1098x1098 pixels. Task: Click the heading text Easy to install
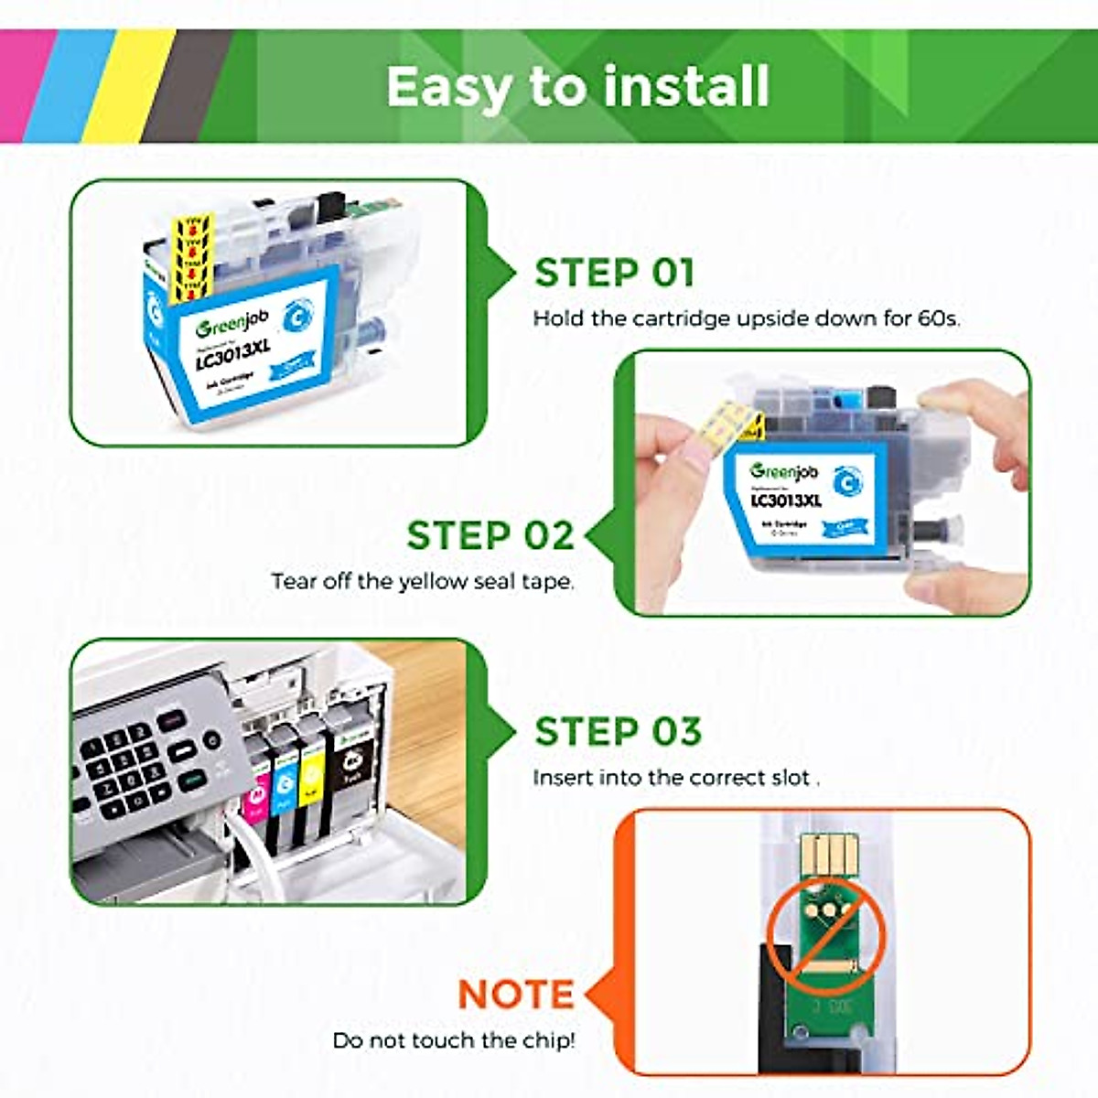[577, 87]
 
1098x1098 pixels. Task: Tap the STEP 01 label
[614, 273]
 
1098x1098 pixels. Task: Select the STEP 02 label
[490, 536]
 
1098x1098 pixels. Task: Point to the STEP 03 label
[618, 732]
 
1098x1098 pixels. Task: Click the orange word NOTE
[515, 995]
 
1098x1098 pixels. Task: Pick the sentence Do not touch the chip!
[454, 1040]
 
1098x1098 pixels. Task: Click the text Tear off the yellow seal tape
[423, 582]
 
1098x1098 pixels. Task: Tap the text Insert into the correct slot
[675, 779]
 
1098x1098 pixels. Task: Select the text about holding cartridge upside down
[746, 319]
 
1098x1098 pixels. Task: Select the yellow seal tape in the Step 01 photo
[193, 256]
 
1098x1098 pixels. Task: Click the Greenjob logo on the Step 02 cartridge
[783, 472]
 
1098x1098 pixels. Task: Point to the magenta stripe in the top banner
[20, 87]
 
